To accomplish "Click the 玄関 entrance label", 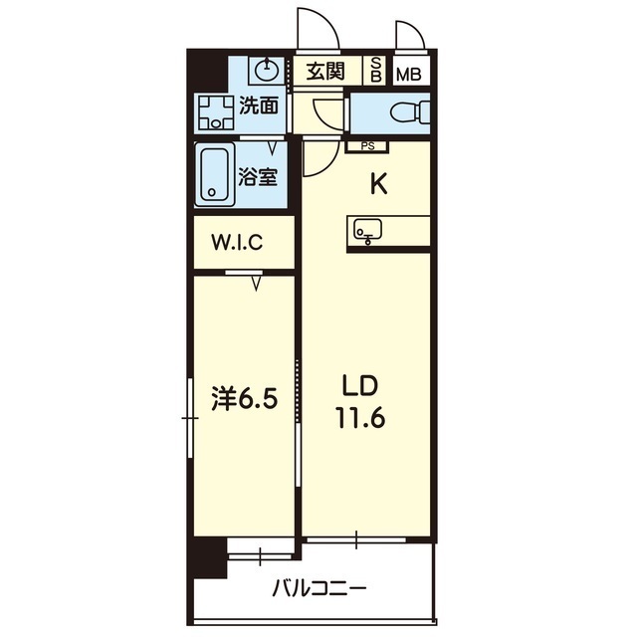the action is pos(325,72).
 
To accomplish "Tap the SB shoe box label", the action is pos(376,71).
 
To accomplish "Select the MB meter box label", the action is pos(409,75).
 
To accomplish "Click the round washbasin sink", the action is pos(267,70).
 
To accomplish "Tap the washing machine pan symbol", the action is pos(216,112).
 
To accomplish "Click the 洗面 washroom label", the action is pos(259,106).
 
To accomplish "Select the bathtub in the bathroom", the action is pos(215,175).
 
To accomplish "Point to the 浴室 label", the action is pos(258,177).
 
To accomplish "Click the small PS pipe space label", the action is pos(367,146).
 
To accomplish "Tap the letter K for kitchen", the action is pos(379,185).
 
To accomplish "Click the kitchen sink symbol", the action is pos(367,231).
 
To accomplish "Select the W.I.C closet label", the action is pos(237,243).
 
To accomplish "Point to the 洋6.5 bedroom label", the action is pos(245,399).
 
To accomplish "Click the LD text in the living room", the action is pos(360,385).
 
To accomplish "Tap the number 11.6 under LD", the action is pos(360,418).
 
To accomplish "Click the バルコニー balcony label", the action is pos(318,588).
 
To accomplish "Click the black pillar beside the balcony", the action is pos(210,557).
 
